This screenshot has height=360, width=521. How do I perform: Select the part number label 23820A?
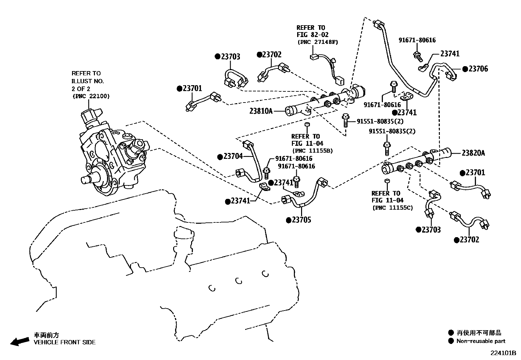(473, 153)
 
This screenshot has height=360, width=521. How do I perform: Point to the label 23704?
(233, 157)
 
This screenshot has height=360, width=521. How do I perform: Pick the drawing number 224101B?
(503, 353)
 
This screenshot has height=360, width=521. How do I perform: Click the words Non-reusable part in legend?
(481, 341)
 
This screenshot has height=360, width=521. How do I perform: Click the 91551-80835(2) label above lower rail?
(392, 131)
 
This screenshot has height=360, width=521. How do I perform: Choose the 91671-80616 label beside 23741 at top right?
(417, 40)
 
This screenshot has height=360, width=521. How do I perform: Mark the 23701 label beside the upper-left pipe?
(192, 88)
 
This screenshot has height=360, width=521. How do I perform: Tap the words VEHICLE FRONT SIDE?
(65, 342)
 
